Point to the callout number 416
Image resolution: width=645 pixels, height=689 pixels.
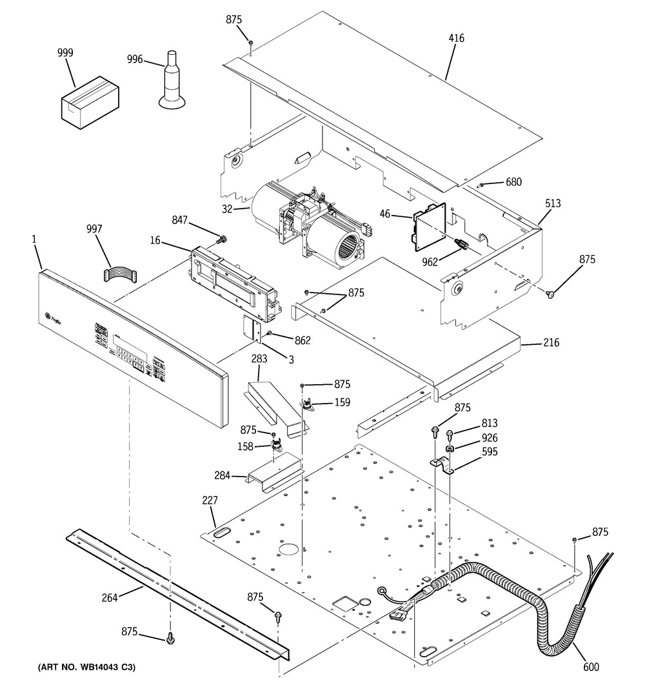[455, 38]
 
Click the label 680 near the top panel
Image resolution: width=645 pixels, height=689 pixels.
[513, 182]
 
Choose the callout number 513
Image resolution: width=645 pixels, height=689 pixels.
[552, 203]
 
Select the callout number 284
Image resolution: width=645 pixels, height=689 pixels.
[223, 476]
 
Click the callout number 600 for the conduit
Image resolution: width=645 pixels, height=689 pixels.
[590, 668]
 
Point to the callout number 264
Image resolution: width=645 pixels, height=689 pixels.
[110, 598]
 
